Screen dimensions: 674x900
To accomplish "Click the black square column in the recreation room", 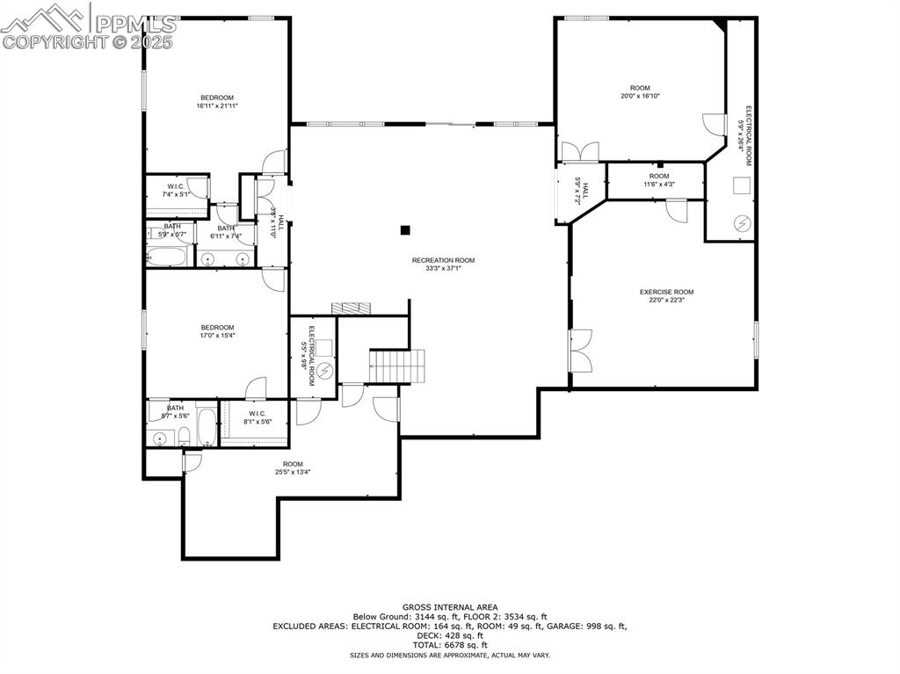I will (x=405, y=230).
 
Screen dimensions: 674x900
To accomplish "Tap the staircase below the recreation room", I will (x=397, y=366).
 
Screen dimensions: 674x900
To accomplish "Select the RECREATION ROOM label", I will (x=443, y=260).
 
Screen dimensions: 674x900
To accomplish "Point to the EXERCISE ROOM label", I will (x=665, y=292).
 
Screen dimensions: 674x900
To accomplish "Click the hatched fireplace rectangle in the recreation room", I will (x=352, y=308).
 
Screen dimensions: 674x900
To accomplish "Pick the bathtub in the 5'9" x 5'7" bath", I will (x=168, y=257).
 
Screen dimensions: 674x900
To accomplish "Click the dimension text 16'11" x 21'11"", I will (x=217, y=105).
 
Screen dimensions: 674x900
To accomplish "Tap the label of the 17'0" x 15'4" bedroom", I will (x=217, y=328).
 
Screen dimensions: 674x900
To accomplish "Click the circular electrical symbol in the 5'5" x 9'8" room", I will (x=324, y=371).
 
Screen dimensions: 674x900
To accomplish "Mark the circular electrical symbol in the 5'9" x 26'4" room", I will (x=743, y=224).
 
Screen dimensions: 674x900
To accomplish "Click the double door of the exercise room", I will (x=581, y=351).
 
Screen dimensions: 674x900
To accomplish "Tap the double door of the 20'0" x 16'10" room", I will (x=579, y=151).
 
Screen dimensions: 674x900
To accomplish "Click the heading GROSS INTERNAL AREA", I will (x=450, y=607).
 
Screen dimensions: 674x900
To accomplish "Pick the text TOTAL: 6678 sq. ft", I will (x=450, y=645).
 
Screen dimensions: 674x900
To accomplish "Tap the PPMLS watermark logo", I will (x=88, y=26).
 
